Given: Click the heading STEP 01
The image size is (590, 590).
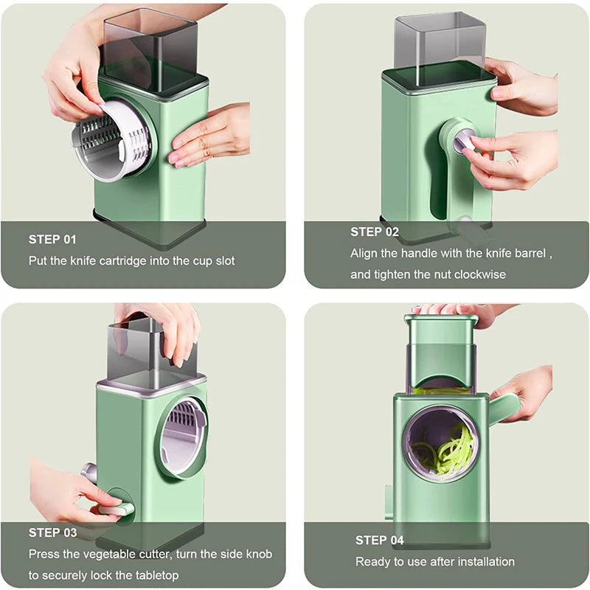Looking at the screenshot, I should (52, 239).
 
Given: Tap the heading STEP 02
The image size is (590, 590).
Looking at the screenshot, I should (374, 232).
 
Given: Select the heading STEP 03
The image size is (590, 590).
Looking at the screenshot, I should (52, 532).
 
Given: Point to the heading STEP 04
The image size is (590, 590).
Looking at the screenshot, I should (379, 540).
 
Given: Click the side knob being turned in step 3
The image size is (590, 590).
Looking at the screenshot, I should (114, 507).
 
